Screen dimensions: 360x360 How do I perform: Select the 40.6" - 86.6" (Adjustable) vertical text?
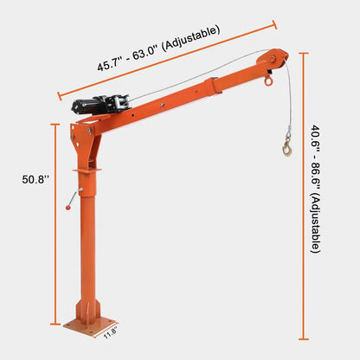pyautogui.click(x=316, y=190)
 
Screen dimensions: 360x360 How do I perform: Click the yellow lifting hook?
pyautogui.click(x=286, y=149)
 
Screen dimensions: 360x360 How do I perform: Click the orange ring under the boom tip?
pyautogui.click(x=269, y=82)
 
